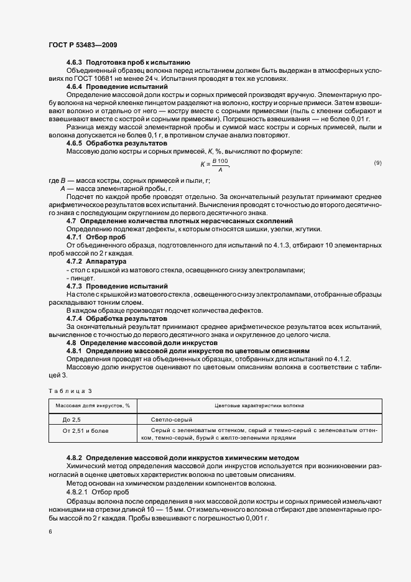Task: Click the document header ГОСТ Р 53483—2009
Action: click(x=82, y=45)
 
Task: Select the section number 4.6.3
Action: click(x=75, y=63)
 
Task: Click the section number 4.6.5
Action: click(x=75, y=144)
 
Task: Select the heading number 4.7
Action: click(x=71, y=221)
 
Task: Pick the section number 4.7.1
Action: click(x=75, y=237)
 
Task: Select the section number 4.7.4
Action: click(x=75, y=318)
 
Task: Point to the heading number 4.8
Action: click(x=71, y=343)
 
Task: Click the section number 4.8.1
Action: click(x=75, y=351)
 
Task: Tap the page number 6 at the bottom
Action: click(x=50, y=532)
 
